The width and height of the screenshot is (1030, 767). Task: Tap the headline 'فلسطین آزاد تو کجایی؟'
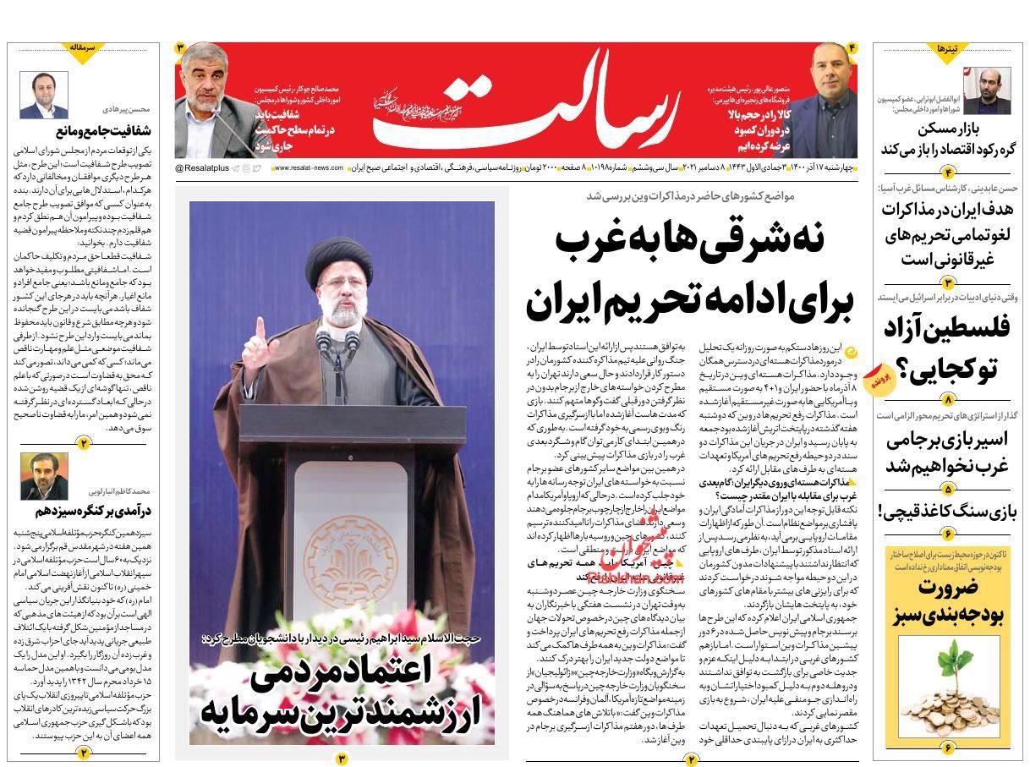947,348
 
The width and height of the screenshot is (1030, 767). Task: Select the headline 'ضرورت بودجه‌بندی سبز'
948,601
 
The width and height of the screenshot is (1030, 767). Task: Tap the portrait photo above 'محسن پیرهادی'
44,95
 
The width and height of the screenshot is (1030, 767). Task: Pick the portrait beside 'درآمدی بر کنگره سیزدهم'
44,475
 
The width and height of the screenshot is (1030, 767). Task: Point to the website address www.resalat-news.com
308,169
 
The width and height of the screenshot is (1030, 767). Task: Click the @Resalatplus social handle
200,169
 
